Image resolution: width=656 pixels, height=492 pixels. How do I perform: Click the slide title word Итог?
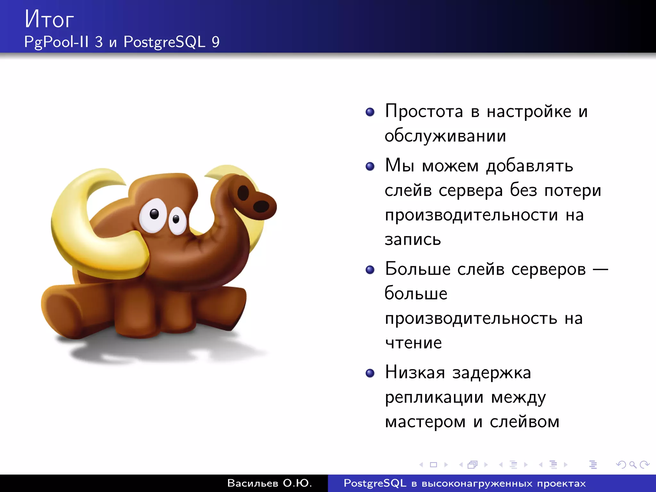pyautogui.click(x=49, y=19)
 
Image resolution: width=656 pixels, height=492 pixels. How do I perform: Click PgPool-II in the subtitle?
pyautogui.click(x=56, y=42)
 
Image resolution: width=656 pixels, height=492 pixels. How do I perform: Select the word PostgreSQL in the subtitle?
pyautogui.click(x=164, y=42)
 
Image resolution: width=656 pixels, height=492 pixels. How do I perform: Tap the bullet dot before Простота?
pyautogui.click(x=370, y=112)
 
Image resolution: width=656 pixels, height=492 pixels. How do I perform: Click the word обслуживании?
pyautogui.click(x=445, y=136)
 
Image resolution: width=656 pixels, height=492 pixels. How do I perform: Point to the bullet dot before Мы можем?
pyautogui.click(x=370, y=166)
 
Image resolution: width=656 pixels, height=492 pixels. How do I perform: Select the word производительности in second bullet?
pyautogui.click(x=471, y=215)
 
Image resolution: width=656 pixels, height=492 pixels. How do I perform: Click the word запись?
pyautogui.click(x=413, y=240)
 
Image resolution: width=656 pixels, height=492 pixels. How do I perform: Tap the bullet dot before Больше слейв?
pyautogui.click(x=370, y=270)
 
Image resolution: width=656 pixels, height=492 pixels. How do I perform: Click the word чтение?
pyautogui.click(x=413, y=343)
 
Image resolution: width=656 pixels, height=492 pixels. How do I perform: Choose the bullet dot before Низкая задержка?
pyautogui.click(x=370, y=373)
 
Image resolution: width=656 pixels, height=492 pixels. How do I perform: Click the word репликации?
pyautogui.click(x=434, y=398)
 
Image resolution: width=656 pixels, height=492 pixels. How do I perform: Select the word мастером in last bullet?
pyautogui.click(x=425, y=422)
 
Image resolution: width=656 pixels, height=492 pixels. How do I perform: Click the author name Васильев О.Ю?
pyautogui.click(x=269, y=483)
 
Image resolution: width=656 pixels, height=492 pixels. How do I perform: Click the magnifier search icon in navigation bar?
pyautogui.click(x=633, y=464)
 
